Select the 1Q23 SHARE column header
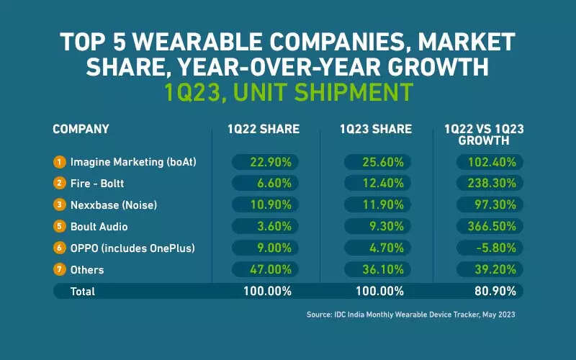click(x=376, y=130)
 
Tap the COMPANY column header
click(x=81, y=130)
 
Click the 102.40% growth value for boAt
click(x=490, y=162)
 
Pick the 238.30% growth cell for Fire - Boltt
click(x=490, y=184)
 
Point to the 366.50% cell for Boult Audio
click(x=490, y=227)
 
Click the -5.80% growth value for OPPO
click(x=490, y=248)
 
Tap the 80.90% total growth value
click(x=490, y=292)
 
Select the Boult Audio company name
click(x=100, y=227)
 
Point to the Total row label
click(x=82, y=292)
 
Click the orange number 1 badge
click(x=59, y=162)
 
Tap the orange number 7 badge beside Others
click(x=59, y=270)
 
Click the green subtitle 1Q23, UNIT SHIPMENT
click(x=287, y=91)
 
